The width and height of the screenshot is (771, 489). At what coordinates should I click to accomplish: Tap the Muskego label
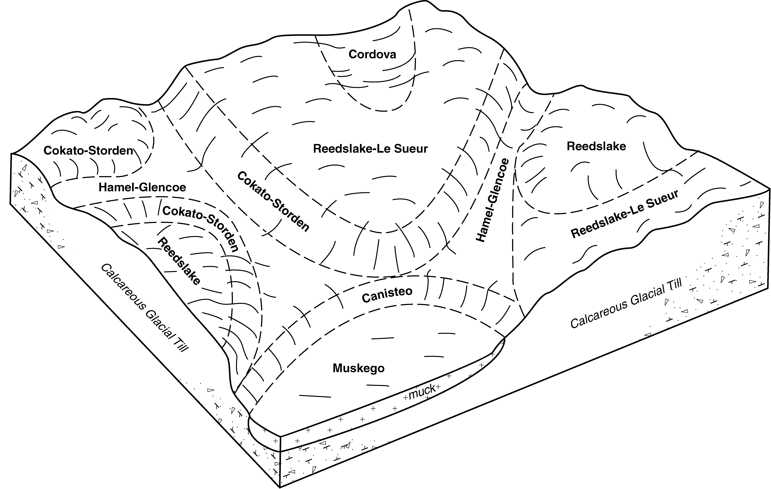click(359, 368)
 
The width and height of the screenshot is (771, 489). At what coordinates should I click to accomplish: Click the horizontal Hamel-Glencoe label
click(142, 187)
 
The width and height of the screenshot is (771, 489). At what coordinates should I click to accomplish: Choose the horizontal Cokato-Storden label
click(88, 151)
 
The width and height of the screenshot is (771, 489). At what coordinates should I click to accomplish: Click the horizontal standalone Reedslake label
click(596, 146)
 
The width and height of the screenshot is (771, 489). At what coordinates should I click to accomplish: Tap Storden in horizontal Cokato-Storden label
click(114, 151)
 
